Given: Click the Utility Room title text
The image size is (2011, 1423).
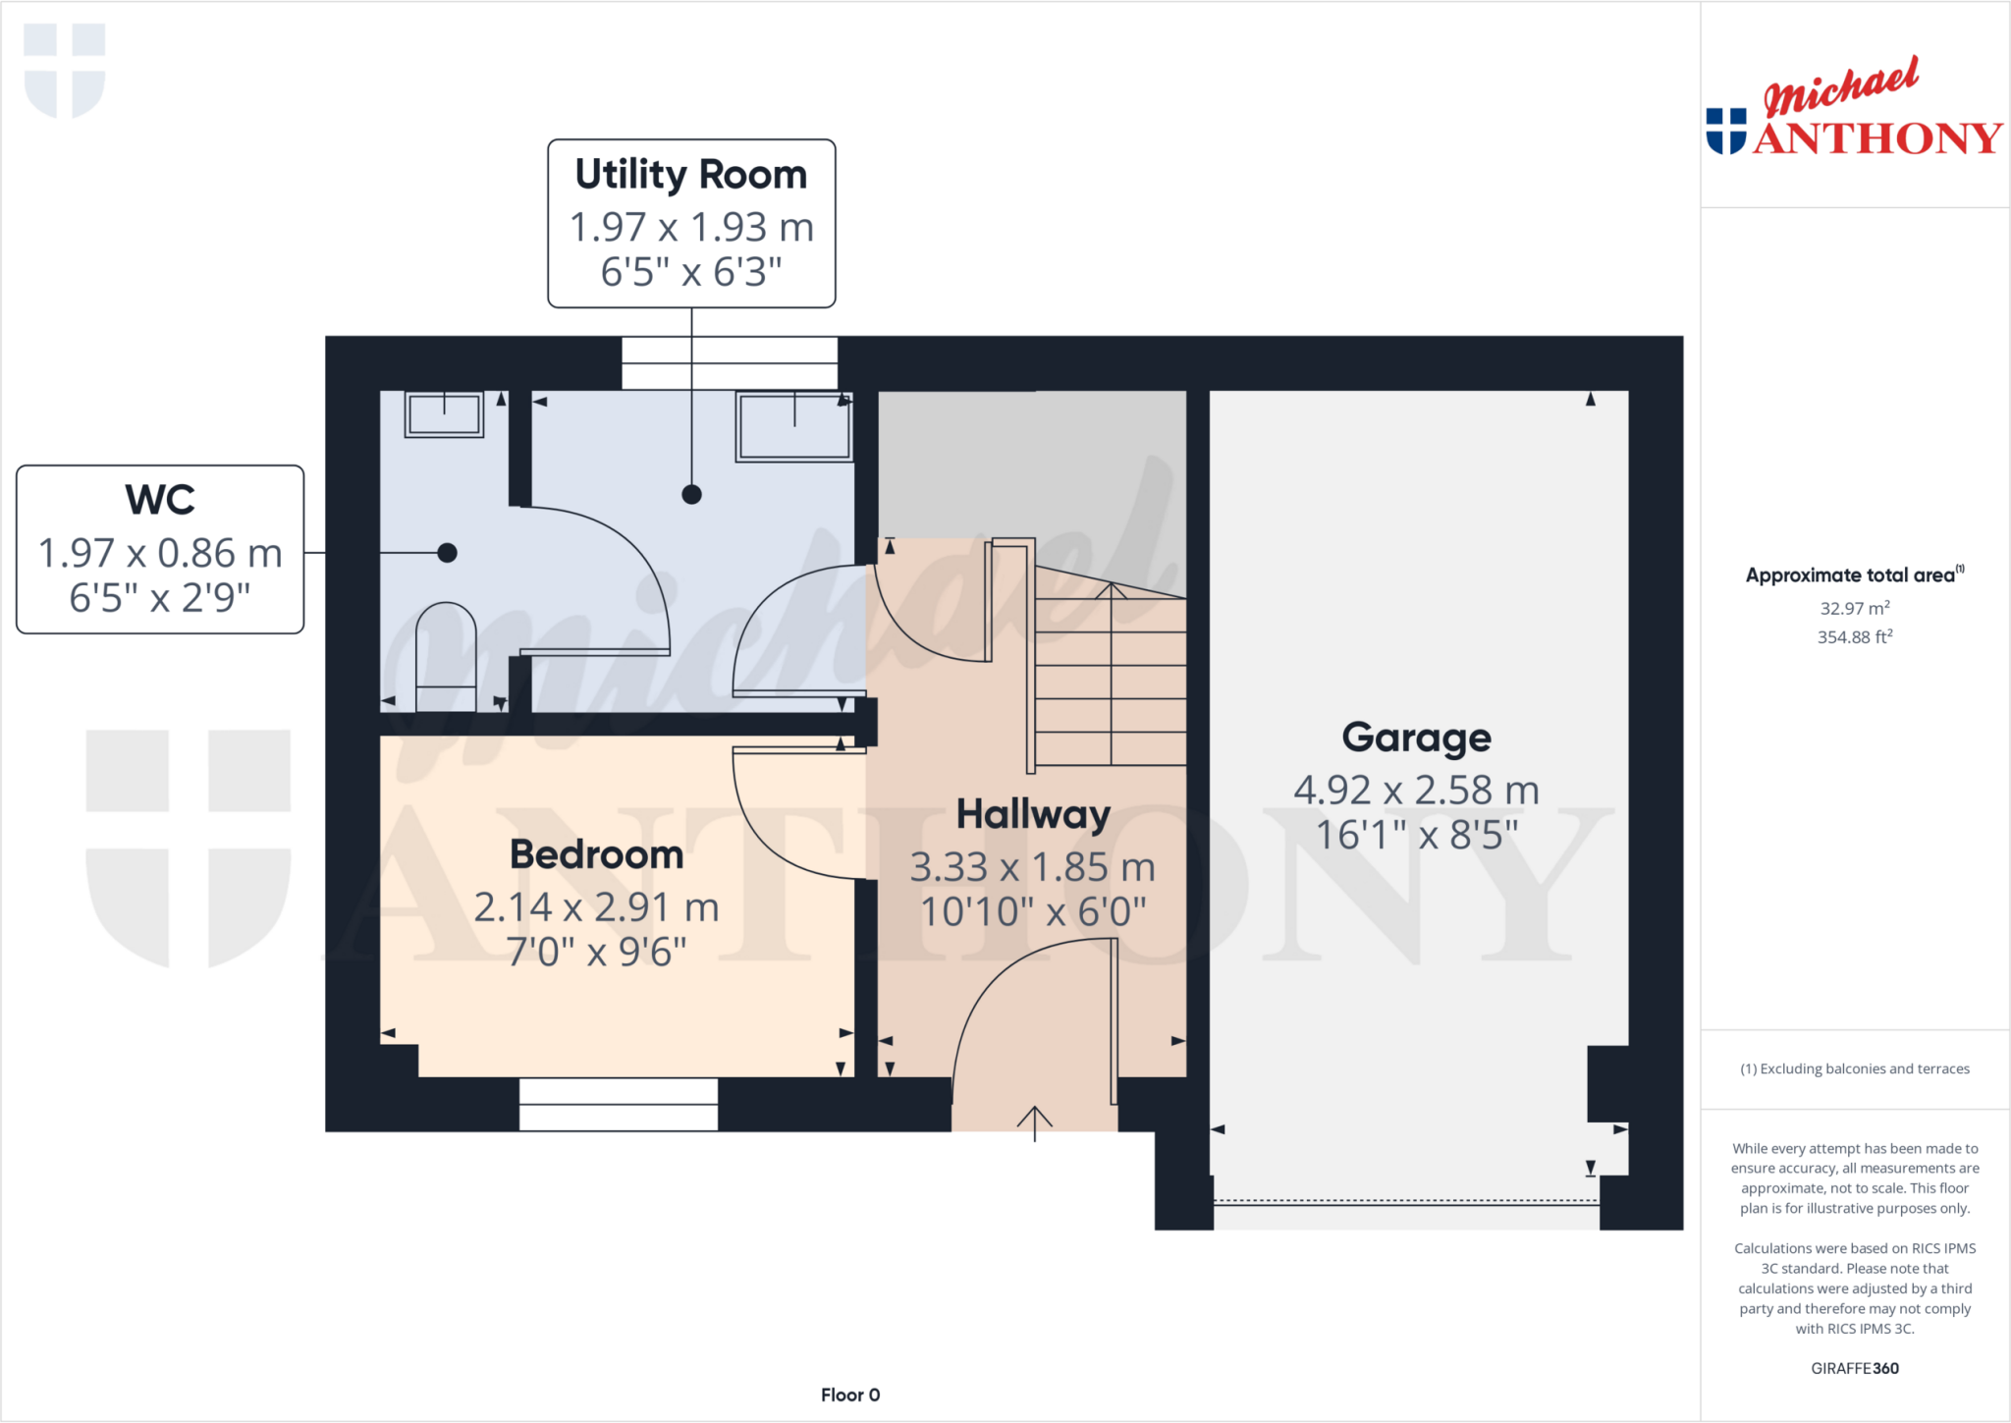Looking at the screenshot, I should (690, 175).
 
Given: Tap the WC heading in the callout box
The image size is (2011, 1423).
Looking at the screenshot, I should (160, 500).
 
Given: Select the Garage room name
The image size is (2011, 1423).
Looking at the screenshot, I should (1416, 738).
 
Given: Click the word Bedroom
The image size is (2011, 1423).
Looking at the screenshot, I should (596, 854).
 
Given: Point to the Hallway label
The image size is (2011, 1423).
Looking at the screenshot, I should (1033, 814).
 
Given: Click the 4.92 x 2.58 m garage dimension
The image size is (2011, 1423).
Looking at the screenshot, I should (1416, 790).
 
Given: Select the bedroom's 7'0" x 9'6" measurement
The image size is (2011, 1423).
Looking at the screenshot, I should (596, 952).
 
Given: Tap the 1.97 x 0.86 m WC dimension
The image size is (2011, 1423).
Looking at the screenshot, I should (160, 553).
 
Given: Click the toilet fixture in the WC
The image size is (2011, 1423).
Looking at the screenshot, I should (446, 656).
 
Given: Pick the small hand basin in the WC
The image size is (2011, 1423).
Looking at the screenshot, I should (444, 413).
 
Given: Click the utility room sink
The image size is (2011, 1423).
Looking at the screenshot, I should (793, 425).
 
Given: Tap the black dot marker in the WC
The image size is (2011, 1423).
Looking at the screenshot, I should (447, 553).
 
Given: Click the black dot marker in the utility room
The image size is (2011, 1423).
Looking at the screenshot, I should (691, 494).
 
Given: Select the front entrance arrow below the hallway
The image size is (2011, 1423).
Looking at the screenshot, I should (1034, 1122).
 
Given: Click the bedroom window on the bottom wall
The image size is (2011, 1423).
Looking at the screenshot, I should (618, 1104).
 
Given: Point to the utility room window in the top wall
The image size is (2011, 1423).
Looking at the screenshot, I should (730, 363).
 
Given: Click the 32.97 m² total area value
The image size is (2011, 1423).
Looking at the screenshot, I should (1854, 608).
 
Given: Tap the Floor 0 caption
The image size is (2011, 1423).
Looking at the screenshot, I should (850, 1395).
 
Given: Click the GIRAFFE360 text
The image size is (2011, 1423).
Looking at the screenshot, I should (1854, 1368).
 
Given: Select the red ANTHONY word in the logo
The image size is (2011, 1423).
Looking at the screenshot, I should (1876, 138).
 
